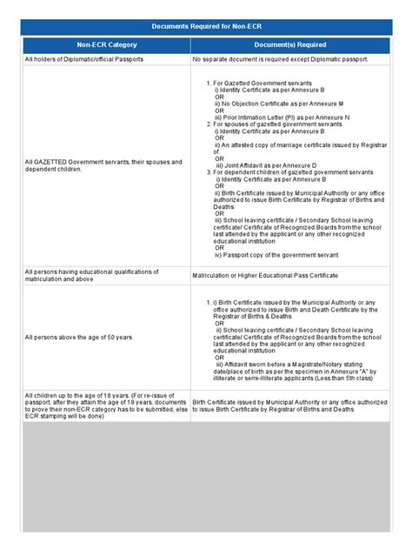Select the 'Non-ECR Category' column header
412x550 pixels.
pyautogui.click(x=106, y=44)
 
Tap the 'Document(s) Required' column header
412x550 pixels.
pyautogui.click(x=290, y=44)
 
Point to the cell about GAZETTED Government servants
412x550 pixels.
pyautogui.click(x=103, y=165)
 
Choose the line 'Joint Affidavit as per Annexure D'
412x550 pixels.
pyautogui.click(x=265, y=164)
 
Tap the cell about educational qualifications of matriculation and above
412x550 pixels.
pyautogui.click(x=91, y=275)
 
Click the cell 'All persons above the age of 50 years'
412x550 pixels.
pyautogui.click(x=78, y=337)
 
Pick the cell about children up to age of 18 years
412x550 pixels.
pyautogui.click(x=105, y=406)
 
